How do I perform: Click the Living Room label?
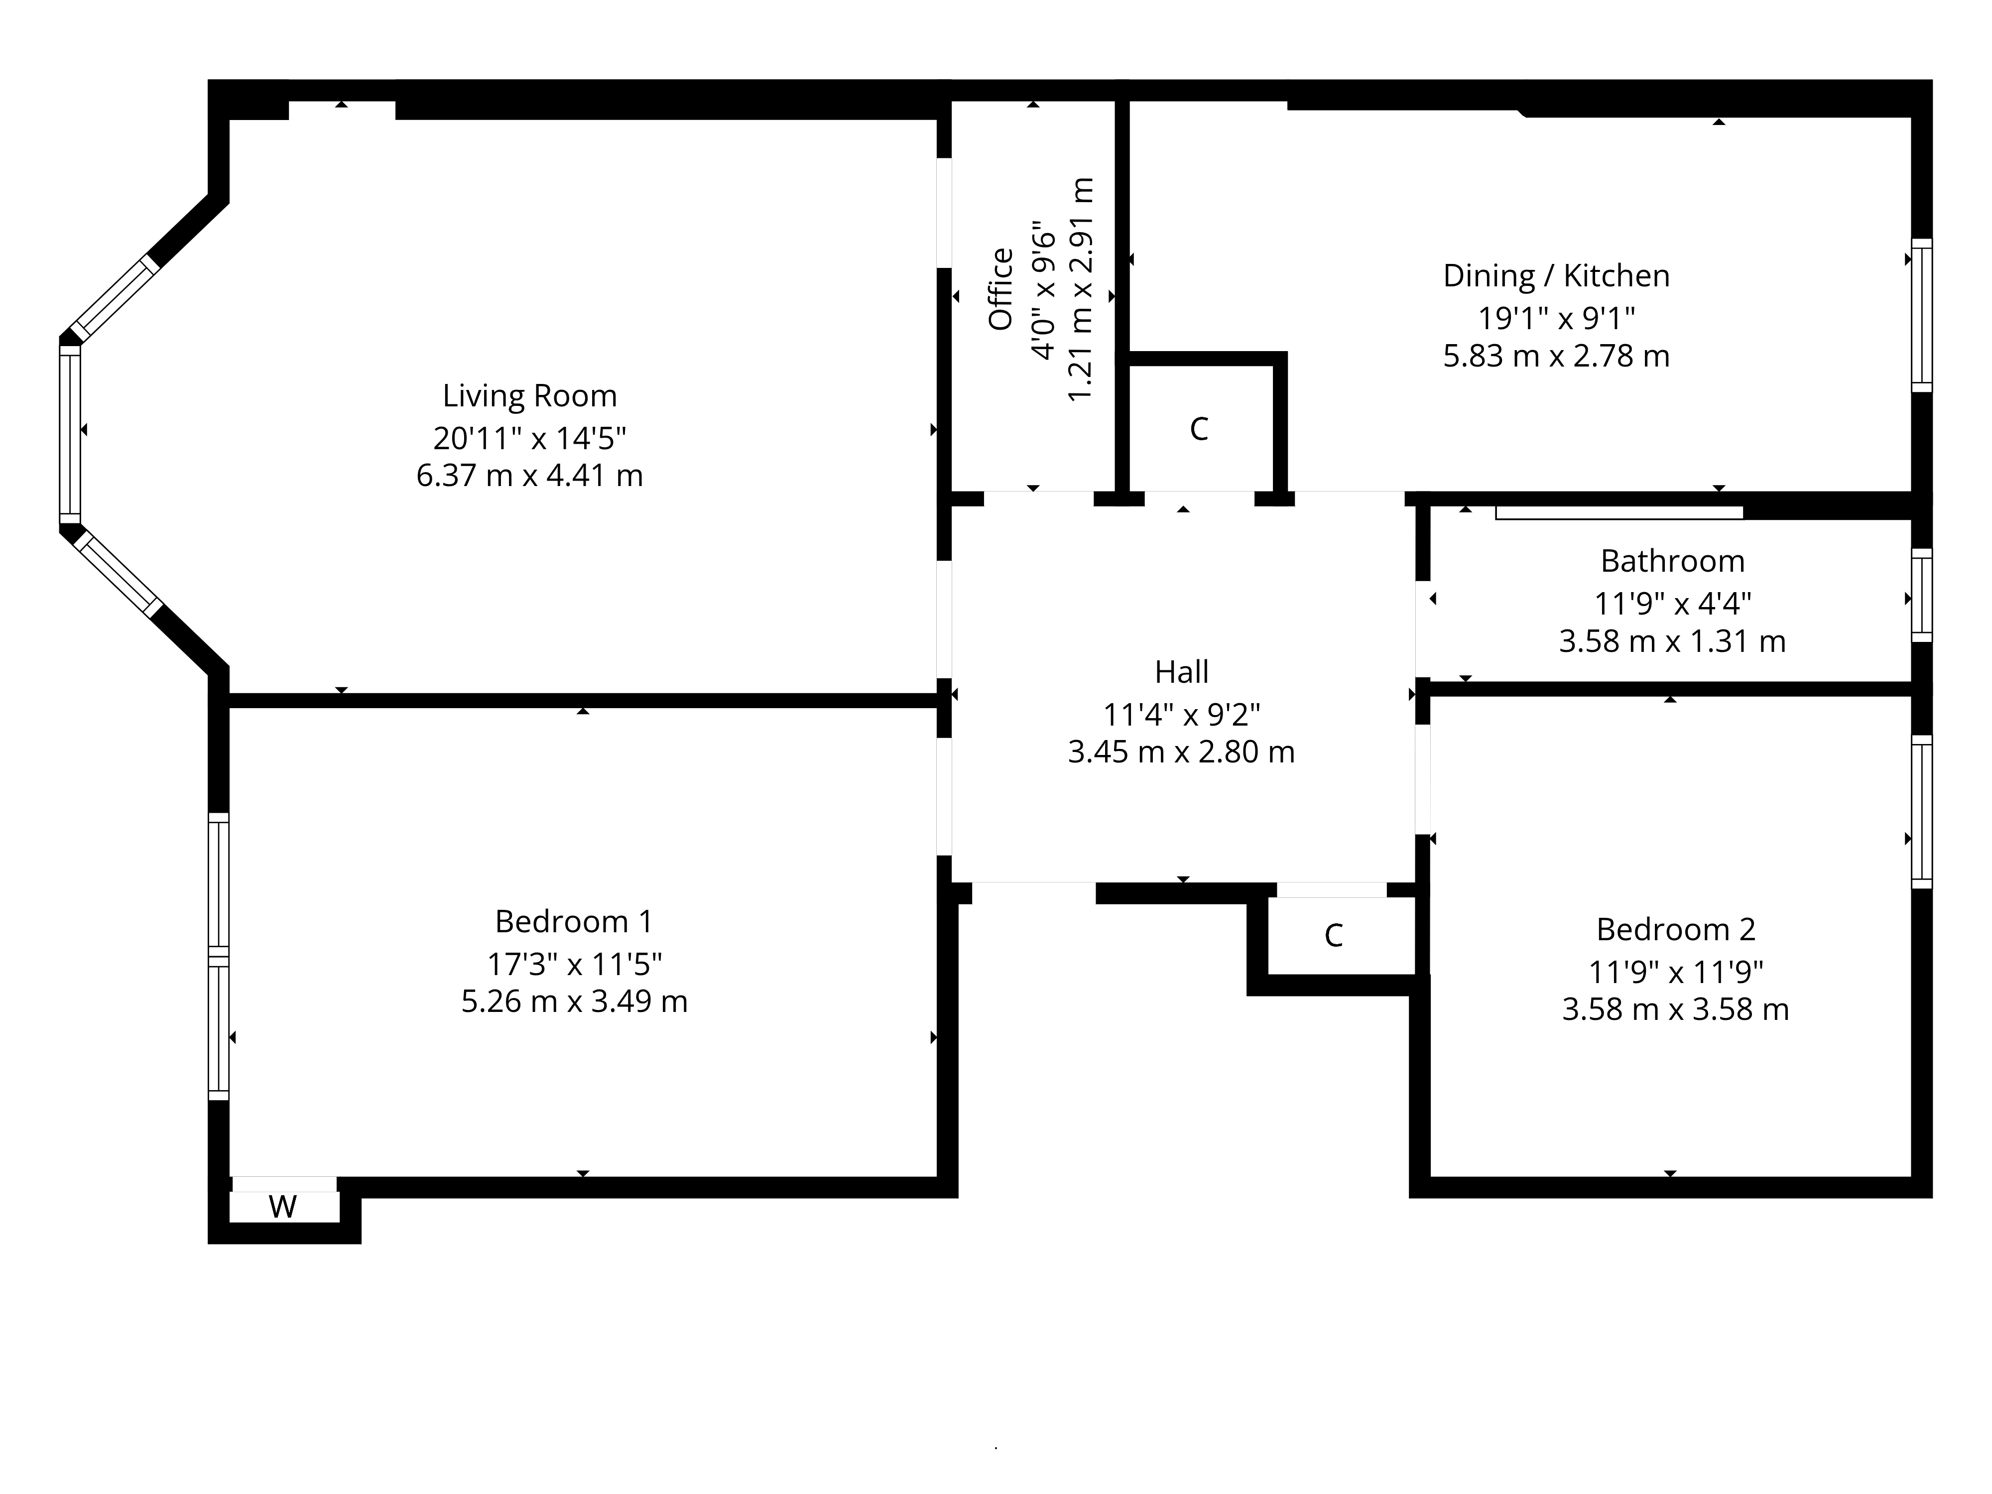(x=529, y=396)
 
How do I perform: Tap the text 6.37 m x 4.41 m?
(x=529, y=476)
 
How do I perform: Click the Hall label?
(x=1182, y=672)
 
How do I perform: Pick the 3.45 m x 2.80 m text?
(x=1182, y=752)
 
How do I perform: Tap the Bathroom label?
(x=1672, y=561)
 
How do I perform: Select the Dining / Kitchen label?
(x=1556, y=275)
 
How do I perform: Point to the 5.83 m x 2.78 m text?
(x=1556, y=357)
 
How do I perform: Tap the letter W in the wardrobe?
(x=283, y=1207)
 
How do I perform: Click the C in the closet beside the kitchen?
(x=1199, y=430)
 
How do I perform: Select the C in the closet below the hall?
(x=1334, y=936)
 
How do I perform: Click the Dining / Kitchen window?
(x=1922, y=315)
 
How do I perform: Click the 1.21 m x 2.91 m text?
(x=1081, y=290)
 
